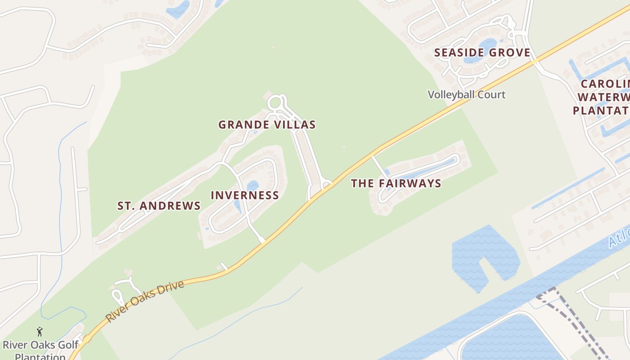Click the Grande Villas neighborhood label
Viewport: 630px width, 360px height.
click(267, 125)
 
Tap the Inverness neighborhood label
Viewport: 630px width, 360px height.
click(245, 195)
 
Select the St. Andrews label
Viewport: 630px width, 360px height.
click(159, 206)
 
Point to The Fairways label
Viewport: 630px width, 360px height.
click(396, 184)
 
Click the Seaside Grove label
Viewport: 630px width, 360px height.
click(482, 53)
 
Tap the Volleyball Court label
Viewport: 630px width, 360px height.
click(466, 95)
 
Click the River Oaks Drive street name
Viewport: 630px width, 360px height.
click(145, 301)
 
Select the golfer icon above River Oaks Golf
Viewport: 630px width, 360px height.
click(40, 332)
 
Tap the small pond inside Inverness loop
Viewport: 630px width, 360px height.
click(252, 185)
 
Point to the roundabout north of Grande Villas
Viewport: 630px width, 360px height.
click(275, 103)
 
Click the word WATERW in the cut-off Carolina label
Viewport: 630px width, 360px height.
click(603, 97)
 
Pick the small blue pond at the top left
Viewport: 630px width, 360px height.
click(179, 9)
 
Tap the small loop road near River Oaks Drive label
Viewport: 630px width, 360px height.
click(118, 297)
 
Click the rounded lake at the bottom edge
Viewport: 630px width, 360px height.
click(508, 340)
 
